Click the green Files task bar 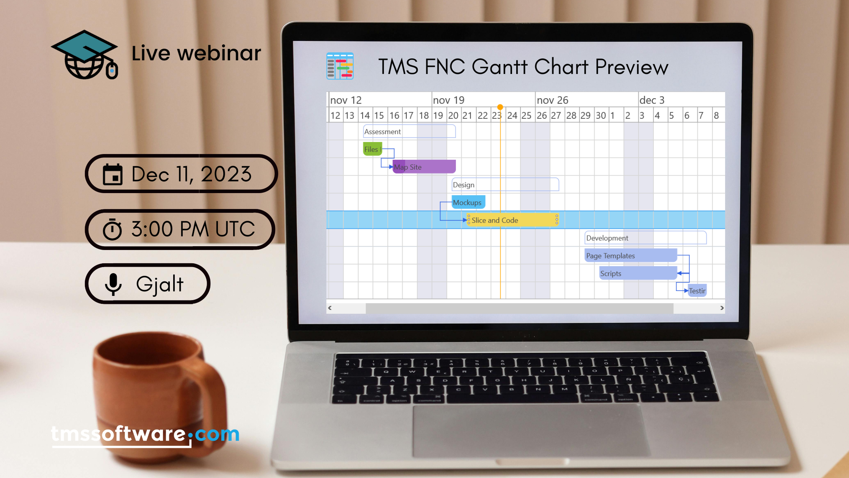click(x=373, y=149)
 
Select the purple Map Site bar click(x=424, y=167)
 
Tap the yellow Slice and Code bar click(x=512, y=220)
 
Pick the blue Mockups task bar click(x=468, y=202)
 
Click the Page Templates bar click(x=631, y=255)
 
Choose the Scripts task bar click(x=638, y=273)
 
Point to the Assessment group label click(x=382, y=132)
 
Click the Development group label click(x=607, y=238)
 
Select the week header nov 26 click(x=552, y=100)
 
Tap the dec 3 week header click(x=652, y=100)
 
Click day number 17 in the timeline click(x=408, y=115)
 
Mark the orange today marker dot click(x=500, y=107)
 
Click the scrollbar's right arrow click(x=722, y=308)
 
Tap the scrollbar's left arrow click(x=330, y=308)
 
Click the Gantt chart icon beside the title click(x=340, y=66)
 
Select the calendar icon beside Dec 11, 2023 click(x=113, y=174)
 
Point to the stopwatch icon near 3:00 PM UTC click(x=112, y=229)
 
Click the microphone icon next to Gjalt click(x=113, y=284)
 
